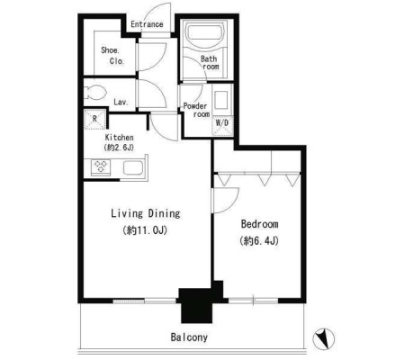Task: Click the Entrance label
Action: click(147, 24)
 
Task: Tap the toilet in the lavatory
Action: click(94, 92)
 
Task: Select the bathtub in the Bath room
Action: click(205, 33)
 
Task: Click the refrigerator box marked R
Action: click(94, 119)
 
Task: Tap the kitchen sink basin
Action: click(133, 168)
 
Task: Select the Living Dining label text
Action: click(146, 213)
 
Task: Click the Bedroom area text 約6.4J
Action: click(259, 241)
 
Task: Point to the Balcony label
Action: click(189, 337)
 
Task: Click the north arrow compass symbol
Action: click(324, 339)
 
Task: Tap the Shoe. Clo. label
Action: click(112, 56)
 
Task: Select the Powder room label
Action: click(196, 110)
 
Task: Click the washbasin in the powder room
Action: click(222, 100)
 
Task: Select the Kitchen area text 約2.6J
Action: click(119, 148)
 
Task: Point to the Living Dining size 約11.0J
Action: click(145, 230)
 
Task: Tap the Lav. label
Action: click(121, 102)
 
